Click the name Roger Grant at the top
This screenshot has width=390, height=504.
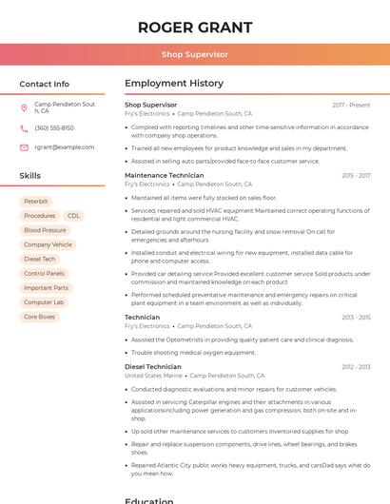(x=195, y=27)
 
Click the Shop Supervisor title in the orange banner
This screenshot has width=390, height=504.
(x=195, y=55)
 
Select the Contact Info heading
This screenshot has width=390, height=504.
(x=45, y=84)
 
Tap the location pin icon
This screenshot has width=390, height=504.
(x=24, y=107)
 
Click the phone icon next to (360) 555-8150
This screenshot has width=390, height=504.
(x=24, y=127)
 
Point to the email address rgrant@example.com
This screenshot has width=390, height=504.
(x=65, y=147)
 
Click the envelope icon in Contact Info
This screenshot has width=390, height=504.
(x=24, y=147)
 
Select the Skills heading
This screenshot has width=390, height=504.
(x=30, y=176)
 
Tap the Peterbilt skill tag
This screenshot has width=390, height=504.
(x=36, y=202)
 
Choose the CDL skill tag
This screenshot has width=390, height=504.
(x=73, y=216)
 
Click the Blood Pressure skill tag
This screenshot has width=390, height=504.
(x=46, y=230)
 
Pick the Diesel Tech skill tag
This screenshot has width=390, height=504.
(x=40, y=259)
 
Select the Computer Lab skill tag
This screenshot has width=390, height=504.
(x=44, y=302)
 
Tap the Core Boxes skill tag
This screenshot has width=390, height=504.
(x=40, y=317)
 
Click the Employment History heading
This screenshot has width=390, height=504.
(x=174, y=84)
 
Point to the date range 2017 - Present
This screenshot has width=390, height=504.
(x=351, y=105)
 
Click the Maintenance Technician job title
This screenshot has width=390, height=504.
(x=165, y=176)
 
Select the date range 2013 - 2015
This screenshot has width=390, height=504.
(x=356, y=318)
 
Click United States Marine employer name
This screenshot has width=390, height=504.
(x=153, y=376)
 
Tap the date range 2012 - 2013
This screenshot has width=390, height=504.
(x=356, y=367)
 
